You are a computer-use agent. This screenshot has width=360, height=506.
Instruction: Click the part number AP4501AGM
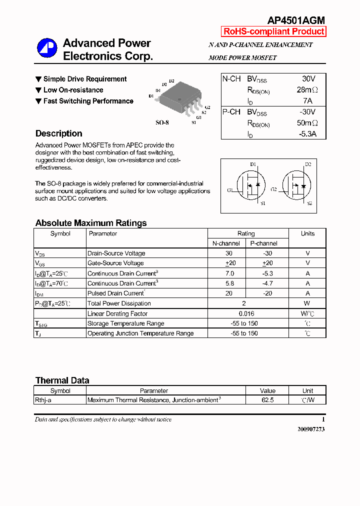pos(296,20)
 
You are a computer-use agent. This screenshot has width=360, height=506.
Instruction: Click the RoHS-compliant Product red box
pos(273,31)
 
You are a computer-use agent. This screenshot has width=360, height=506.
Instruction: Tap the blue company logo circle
pos(47,48)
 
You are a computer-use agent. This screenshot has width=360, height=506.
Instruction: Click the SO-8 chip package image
pos(178,97)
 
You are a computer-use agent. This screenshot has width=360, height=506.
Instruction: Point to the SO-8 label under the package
pos(162,122)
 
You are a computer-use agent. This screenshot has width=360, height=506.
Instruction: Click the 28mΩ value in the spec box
pos(307,90)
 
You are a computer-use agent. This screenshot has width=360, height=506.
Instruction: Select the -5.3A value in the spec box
pos(307,134)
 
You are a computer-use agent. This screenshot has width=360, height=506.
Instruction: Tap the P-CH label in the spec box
pos(231,112)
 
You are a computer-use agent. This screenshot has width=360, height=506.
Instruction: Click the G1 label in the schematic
pos(229,190)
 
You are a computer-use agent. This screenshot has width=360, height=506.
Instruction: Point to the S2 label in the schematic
pos(309,203)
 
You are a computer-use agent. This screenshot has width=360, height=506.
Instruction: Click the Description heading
pos(59,133)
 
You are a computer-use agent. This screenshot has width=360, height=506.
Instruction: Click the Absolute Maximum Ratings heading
pos(91,223)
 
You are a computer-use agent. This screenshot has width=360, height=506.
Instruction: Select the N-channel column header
pos(226,243)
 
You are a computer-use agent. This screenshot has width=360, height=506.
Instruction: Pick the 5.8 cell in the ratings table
pos(229,283)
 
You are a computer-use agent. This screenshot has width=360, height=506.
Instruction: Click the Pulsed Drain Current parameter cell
pos(116,293)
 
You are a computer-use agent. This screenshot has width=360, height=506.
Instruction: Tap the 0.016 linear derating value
pos(245,313)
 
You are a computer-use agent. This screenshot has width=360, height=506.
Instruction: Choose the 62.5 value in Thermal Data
pos(267,400)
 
